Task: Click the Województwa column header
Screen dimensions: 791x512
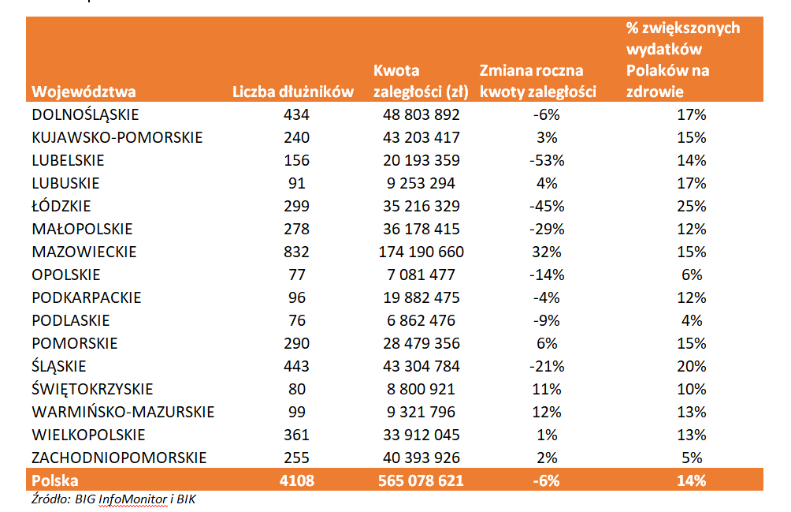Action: pos(84,92)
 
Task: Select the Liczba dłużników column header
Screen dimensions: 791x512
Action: pos(293,92)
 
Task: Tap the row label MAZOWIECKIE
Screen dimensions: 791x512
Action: pos(84,252)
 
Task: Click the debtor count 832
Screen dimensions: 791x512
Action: pos(296,252)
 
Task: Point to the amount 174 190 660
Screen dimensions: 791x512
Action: pos(421,252)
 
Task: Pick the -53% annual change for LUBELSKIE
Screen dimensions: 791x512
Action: pos(547,161)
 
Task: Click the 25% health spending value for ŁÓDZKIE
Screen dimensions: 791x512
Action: pos(692,206)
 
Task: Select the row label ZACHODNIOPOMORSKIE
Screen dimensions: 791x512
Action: pos(119,458)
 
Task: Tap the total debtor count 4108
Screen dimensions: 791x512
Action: pos(296,480)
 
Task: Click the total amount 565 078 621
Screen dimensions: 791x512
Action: pos(421,480)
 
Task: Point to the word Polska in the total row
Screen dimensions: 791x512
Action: pos(55,480)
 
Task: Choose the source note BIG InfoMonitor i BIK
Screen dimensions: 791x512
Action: pos(136,499)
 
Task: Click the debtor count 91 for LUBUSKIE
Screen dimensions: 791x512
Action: pos(296,183)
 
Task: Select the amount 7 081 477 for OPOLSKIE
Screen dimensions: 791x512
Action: pos(421,275)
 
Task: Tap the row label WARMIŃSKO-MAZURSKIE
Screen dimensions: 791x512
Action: pos(123,412)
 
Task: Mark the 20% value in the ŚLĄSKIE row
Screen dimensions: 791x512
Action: pos(692,366)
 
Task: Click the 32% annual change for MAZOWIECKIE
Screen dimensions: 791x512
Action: pos(547,252)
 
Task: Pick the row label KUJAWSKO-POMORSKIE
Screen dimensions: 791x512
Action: pos(117,138)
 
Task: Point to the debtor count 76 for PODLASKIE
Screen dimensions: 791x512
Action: pos(296,320)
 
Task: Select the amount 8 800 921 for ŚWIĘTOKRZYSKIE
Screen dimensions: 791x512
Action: pos(421,389)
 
